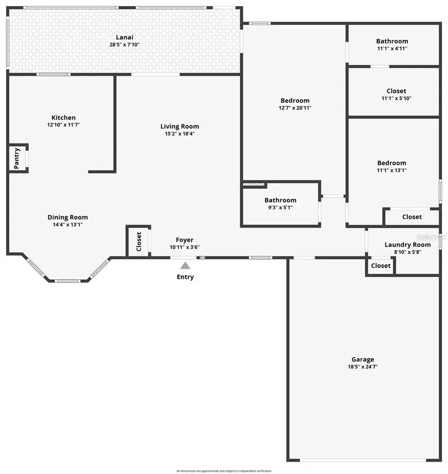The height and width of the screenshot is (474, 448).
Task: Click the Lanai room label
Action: tap(124, 37)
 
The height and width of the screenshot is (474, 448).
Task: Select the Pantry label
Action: tap(16, 158)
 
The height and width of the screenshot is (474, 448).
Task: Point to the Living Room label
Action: tap(179, 126)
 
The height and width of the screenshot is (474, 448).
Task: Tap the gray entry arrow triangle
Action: tap(185, 266)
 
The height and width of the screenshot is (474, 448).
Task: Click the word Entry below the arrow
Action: tap(185, 277)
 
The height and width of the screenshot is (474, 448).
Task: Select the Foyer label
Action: tap(185, 240)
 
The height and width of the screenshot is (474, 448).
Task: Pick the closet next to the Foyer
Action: tap(139, 242)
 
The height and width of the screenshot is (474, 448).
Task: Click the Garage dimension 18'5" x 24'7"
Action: tap(362, 366)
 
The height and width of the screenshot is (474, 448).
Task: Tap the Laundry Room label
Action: tap(407, 244)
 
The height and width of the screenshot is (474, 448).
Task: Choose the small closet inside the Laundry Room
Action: tap(380, 266)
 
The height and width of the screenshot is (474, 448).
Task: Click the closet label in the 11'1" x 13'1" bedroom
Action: tap(412, 217)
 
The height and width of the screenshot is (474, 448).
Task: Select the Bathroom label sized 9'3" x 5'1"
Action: tap(280, 200)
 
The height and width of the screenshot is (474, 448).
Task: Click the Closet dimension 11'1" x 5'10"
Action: tap(396, 99)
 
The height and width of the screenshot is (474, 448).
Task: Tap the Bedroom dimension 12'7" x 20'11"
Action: tap(295, 108)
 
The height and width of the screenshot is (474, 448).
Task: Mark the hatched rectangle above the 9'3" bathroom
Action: tap(254, 185)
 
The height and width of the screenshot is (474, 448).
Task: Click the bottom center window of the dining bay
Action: tap(67, 281)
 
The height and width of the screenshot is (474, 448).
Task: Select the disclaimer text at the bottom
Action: tap(224, 471)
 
